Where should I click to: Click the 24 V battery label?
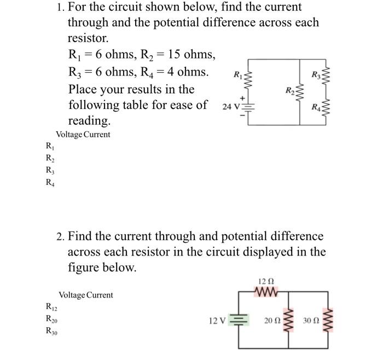pos(230,107)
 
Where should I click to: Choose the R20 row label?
pos(51,320)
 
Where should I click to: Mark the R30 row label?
pos(51,331)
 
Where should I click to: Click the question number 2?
pos(60,236)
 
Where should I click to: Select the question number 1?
pos(60,7)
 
